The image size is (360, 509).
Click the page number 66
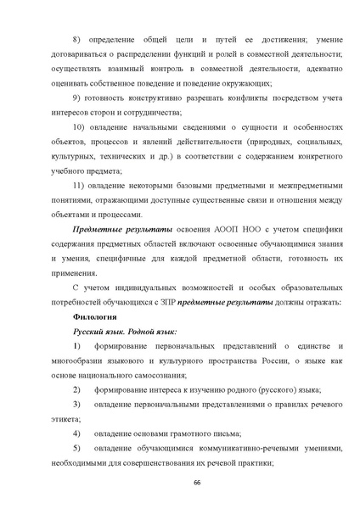point(180,481)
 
